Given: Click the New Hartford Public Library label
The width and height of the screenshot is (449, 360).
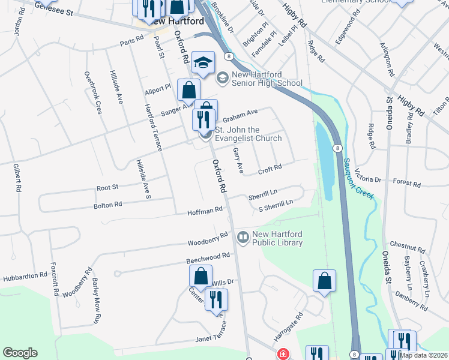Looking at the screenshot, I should pyautogui.click(x=277, y=238).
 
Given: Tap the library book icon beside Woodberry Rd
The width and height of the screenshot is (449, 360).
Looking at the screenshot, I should pyautogui.click(x=243, y=238).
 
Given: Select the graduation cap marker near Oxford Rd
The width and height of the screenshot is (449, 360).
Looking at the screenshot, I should pyautogui.click(x=203, y=63).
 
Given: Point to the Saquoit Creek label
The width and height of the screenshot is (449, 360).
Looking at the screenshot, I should pyautogui.click(x=359, y=172).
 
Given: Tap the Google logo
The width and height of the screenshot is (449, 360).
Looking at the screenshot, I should pyautogui.click(x=20, y=353).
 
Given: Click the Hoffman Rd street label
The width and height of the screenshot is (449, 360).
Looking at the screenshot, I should pyautogui.click(x=205, y=211).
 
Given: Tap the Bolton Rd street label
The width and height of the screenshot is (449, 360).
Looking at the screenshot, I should pyautogui.click(x=108, y=205).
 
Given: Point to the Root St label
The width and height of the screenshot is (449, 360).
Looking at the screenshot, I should pyautogui.click(x=107, y=188).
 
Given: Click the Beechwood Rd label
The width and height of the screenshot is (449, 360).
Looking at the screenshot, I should pyautogui.click(x=208, y=256).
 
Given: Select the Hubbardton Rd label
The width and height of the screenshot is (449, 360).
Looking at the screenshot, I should pyautogui.click(x=25, y=277).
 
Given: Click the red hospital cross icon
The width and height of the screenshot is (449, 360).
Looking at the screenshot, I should pyautogui.click(x=282, y=355).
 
